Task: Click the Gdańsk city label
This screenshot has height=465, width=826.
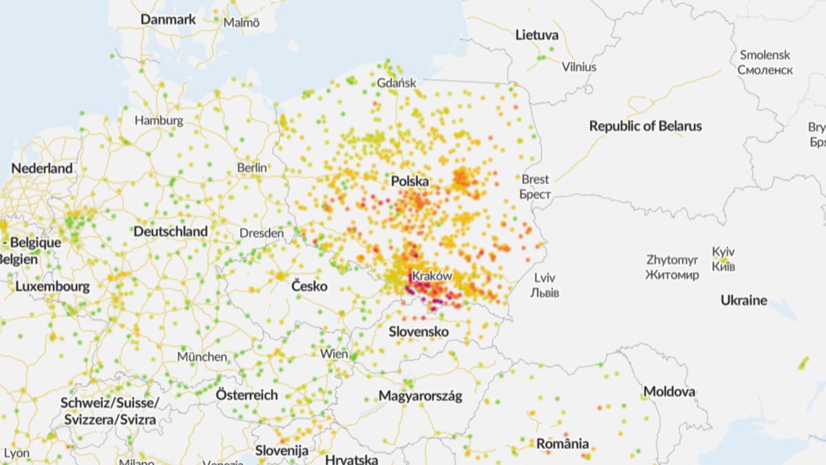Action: (x=396, y=83)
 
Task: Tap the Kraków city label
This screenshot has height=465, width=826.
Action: (x=432, y=276)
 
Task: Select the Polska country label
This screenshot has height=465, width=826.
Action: (x=410, y=181)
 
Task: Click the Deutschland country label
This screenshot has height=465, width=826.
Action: (x=171, y=231)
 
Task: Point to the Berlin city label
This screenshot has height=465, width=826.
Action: (x=252, y=167)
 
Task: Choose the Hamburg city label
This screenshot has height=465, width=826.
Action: (x=159, y=121)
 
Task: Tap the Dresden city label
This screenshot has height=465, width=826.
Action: (x=262, y=234)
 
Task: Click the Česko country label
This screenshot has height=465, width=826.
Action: (x=309, y=286)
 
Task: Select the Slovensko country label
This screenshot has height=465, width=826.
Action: (x=419, y=332)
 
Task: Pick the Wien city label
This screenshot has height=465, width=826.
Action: (x=334, y=353)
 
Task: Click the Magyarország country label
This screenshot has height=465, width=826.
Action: (x=420, y=396)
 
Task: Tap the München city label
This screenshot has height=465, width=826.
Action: (x=202, y=357)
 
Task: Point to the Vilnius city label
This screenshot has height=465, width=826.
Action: (x=579, y=67)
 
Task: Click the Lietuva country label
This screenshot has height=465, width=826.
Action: (x=537, y=34)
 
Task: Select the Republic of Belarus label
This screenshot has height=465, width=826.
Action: (x=646, y=126)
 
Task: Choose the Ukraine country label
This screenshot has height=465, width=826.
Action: (x=743, y=300)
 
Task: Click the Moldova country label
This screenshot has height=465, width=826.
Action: (x=669, y=392)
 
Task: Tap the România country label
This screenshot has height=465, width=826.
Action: (x=562, y=443)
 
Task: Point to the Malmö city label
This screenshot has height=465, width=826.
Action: (x=242, y=22)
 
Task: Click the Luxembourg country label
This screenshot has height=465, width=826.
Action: (x=52, y=286)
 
